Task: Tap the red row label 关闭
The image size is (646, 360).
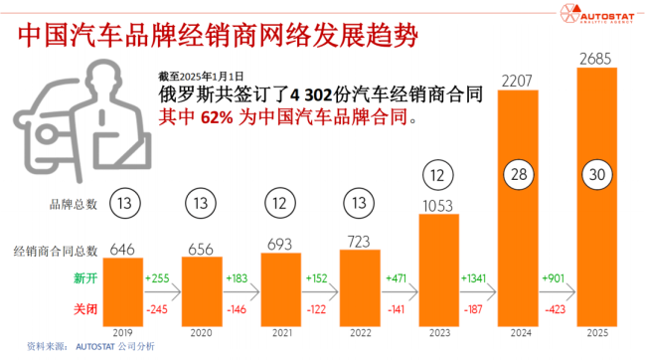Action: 84,308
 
